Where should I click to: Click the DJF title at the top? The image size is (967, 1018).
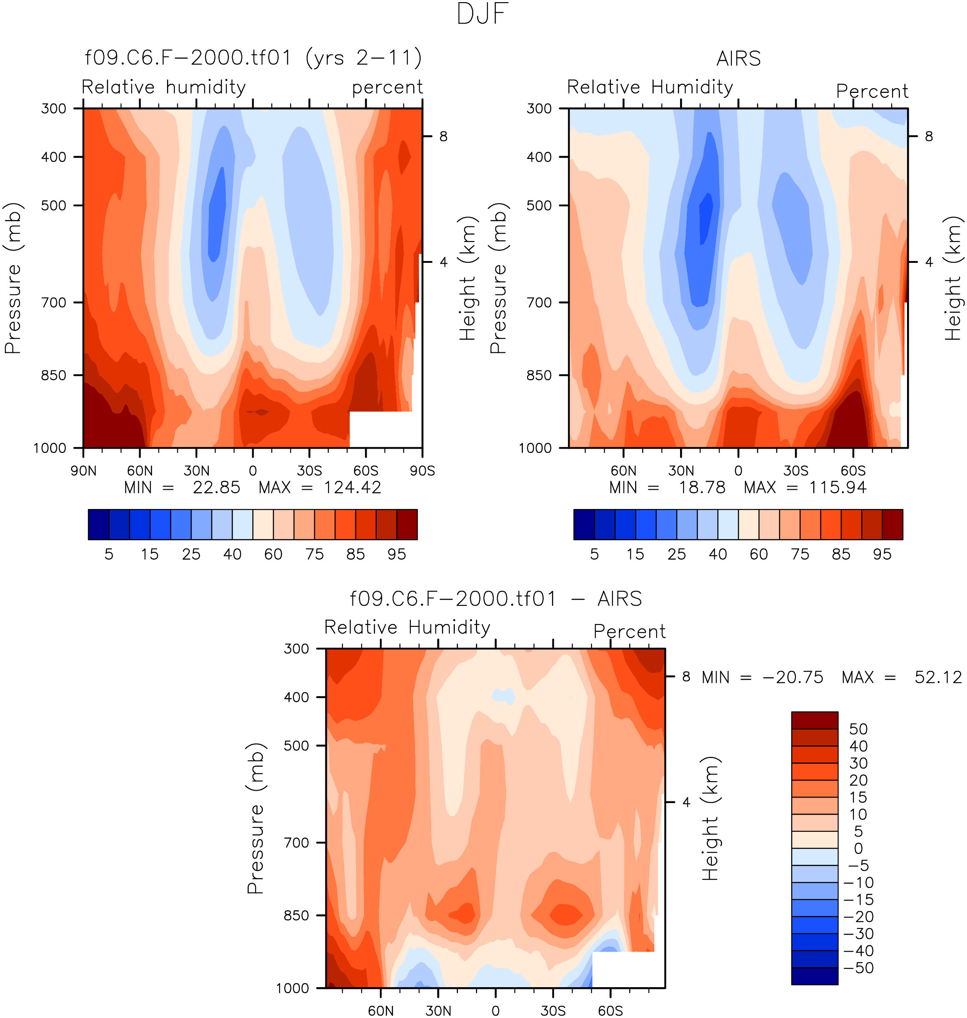483,15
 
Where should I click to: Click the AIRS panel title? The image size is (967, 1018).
738,59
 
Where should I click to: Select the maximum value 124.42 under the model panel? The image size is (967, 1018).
352,487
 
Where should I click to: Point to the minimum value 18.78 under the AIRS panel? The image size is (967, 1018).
701,487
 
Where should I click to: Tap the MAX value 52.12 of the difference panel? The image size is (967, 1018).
938,677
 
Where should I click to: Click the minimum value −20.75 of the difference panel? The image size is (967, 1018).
793,677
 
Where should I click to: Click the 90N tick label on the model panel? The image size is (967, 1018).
84,471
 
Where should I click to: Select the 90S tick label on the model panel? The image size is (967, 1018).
422,471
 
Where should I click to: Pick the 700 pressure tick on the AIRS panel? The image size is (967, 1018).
539,302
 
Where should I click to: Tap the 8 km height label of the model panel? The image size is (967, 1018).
443,137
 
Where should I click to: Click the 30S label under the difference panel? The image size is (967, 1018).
553,1011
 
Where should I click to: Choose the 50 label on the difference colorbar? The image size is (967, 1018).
858,729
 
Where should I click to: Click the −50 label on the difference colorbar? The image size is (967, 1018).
858,968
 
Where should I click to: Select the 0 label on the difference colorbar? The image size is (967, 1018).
858,848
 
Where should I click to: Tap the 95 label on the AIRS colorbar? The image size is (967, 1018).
882,554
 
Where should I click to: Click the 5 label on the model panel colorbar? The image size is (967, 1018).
109,554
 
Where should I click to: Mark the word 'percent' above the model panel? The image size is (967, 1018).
387,88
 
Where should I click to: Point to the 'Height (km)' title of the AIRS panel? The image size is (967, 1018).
953,278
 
